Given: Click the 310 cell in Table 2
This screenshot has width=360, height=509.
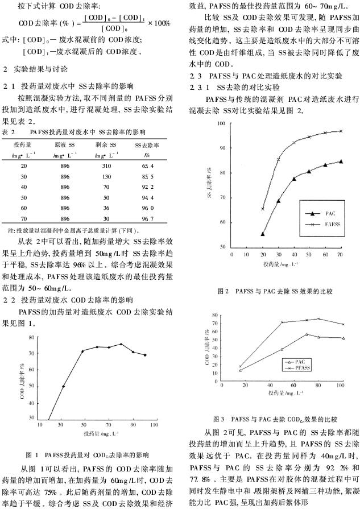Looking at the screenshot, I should [x=106, y=165].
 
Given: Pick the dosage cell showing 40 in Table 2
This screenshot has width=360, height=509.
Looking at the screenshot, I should [x=24, y=187].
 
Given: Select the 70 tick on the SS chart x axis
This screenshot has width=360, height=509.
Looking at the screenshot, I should [x=340, y=254].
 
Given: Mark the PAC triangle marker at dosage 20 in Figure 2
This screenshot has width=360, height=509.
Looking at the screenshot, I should [x=263, y=234].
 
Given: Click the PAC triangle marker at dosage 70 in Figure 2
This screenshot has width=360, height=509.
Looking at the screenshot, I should [x=340, y=162].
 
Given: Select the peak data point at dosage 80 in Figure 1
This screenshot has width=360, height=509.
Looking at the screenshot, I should [x=121, y=344].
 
